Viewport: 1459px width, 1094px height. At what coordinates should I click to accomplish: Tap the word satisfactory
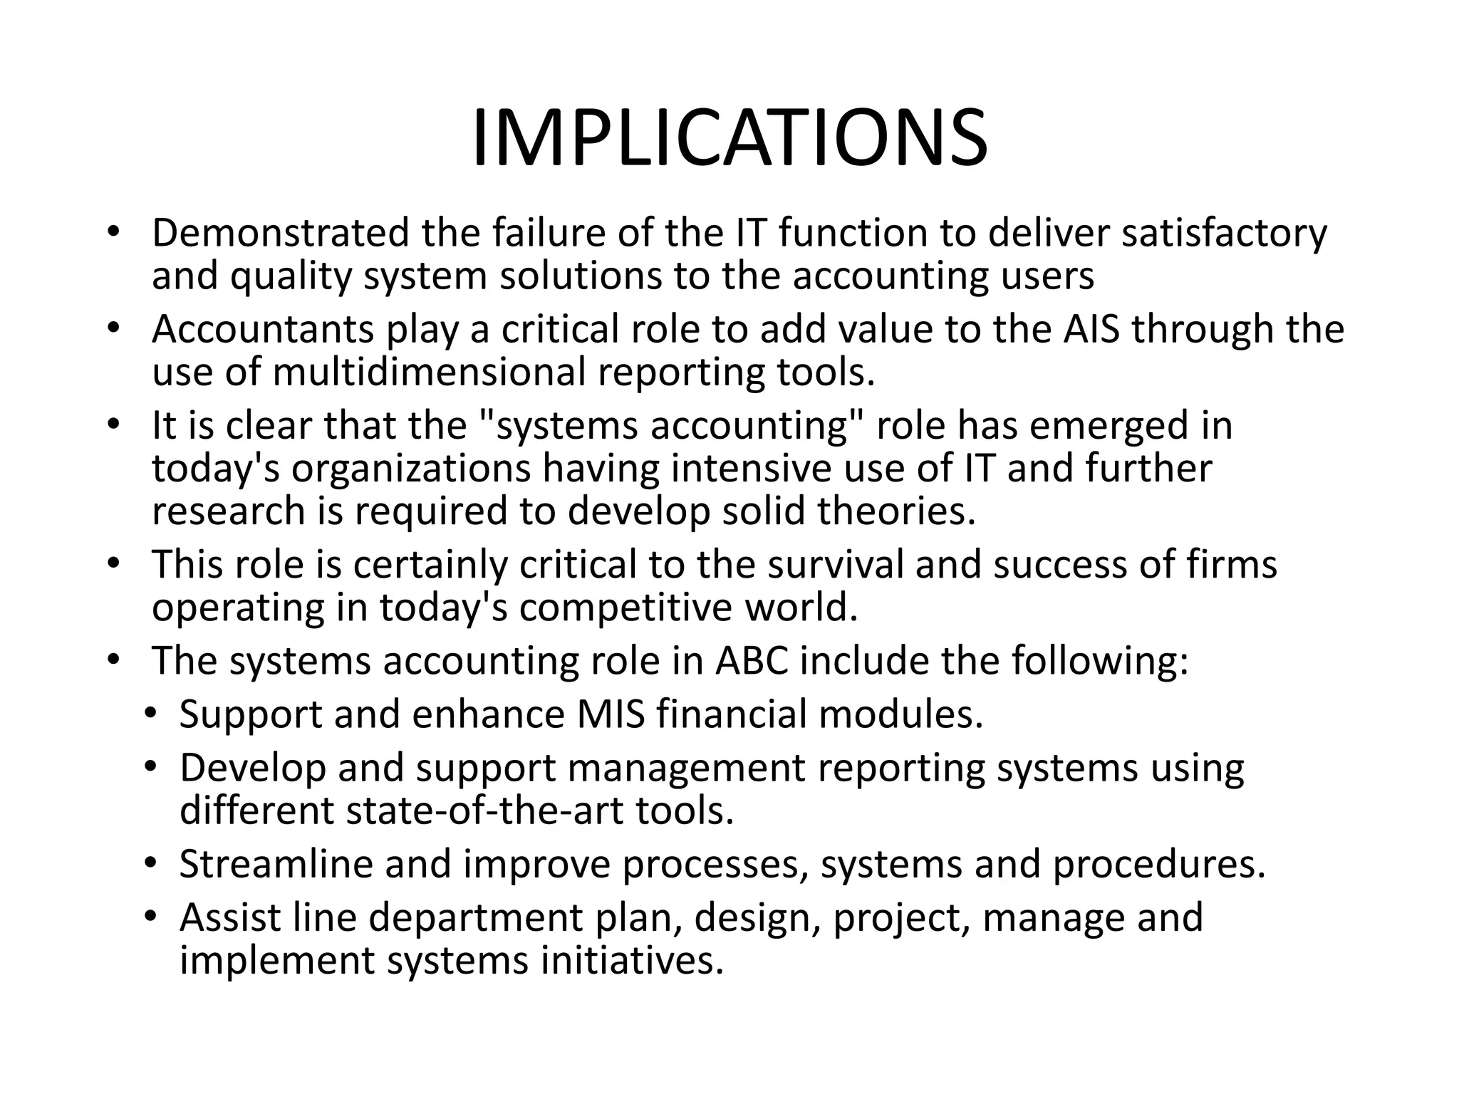pos(1224,234)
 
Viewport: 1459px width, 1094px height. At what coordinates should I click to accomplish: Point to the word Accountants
pos(263,329)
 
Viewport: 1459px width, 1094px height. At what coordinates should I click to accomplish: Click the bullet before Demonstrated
pos(113,233)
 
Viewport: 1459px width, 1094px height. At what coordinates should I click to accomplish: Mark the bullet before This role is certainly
pos(113,564)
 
